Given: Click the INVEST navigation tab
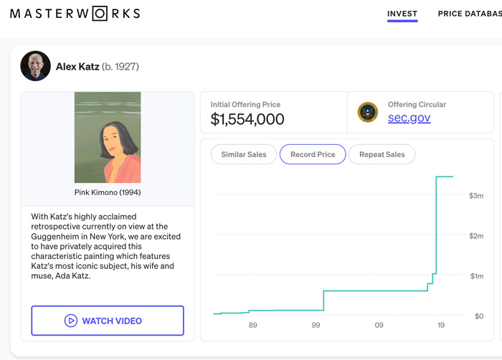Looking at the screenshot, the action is [x=402, y=14].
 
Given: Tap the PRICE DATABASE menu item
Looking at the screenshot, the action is [x=470, y=14].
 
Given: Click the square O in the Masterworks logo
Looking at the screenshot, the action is [x=100, y=14].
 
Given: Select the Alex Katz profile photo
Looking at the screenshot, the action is [x=36, y=66].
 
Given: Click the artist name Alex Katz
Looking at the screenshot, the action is [x=77, y=67].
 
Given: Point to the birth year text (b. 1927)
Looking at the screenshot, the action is [x=120, y=67].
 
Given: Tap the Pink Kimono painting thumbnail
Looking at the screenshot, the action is [x=108, y=138].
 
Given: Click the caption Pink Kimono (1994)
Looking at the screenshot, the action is [x=108, y=192].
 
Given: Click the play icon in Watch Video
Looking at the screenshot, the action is [x=71, y=321].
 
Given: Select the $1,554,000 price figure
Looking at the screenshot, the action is [x=247, y=119].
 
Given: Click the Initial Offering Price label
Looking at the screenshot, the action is [x=245, y=105].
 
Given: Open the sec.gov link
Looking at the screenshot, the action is [x=409, y=118].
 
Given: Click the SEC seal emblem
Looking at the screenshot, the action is [x=367, y=113].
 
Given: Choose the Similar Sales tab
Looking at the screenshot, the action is [x=244, y=154].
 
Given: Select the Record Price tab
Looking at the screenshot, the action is [x=313, y=154].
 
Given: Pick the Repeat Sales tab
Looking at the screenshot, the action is [x=382, y=154].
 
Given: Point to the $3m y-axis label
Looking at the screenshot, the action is [x=476, y=196].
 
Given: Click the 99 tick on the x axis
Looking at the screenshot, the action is [x=316, y=325].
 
